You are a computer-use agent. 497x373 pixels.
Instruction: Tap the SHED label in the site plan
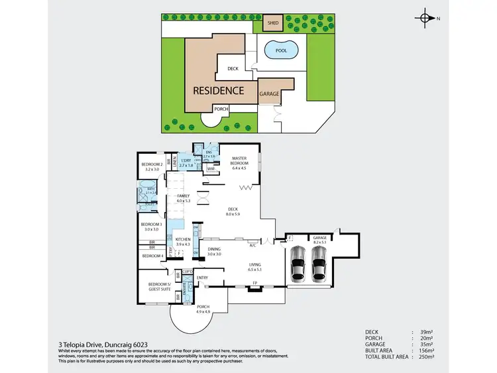tap(272, 23)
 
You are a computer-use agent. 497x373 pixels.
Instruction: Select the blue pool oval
tap(280, 50)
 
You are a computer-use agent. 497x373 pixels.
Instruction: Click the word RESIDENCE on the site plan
tap(218, 91)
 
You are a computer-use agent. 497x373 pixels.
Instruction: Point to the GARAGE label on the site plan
tap(269, 94)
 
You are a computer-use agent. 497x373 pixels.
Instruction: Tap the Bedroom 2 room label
tap(152, 167)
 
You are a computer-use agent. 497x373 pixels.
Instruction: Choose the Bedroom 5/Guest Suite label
tap(160, 286)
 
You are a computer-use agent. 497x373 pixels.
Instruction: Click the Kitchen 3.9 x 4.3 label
tap(183, 241)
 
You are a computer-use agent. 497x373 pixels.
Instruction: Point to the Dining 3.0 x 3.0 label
tap(213, 251)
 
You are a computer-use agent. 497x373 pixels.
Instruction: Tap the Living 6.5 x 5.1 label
tap(255, 268)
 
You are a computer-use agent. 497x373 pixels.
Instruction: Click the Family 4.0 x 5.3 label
tap(183, 199)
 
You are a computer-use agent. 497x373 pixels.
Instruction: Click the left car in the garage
tap(299, 264)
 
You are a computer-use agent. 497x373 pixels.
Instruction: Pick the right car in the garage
tap(319, 264)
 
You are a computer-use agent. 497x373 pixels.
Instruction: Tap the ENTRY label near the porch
tap(202, 278)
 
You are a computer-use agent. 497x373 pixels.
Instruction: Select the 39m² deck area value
tap(427, 332)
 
